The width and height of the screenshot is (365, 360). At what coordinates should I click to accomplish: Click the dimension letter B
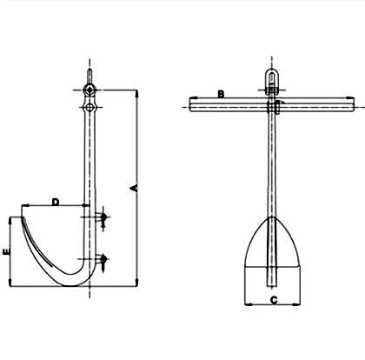coord(222,94)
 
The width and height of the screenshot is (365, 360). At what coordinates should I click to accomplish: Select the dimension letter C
coord(274,300)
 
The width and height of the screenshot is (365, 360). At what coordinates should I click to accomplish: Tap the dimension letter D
coord(55,202)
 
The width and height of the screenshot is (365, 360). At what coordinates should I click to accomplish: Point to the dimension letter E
coord(7,252)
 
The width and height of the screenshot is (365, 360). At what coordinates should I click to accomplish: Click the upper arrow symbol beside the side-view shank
coord(103,218)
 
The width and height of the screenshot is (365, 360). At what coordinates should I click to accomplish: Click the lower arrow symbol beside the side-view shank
coord(103,260)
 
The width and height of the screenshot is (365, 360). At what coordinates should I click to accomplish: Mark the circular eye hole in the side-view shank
coord(89,107)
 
